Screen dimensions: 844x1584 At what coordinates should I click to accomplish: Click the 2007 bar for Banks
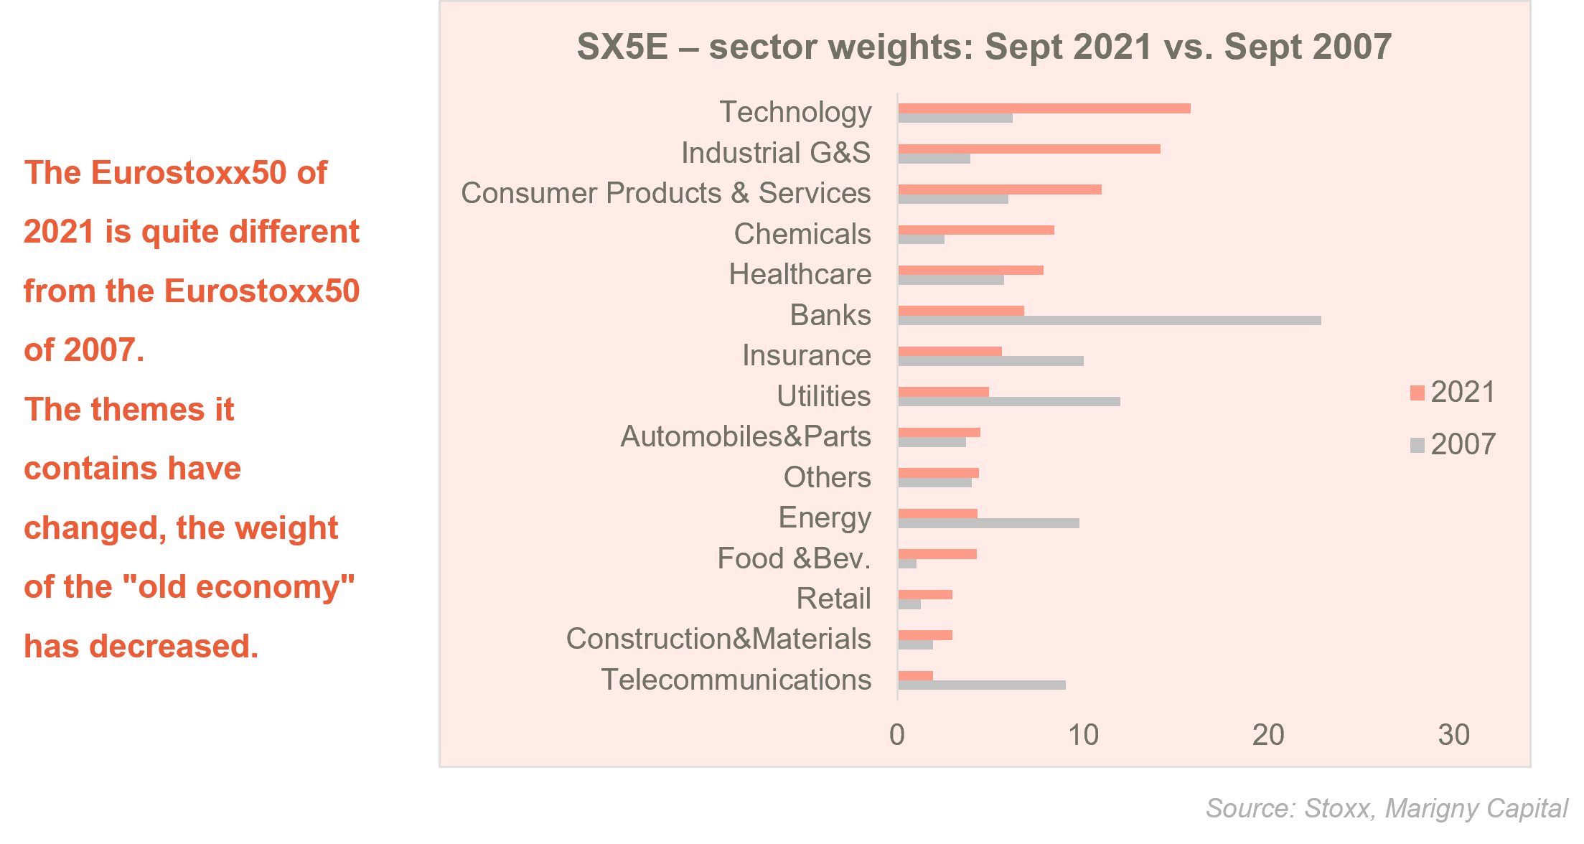pos(1109,321)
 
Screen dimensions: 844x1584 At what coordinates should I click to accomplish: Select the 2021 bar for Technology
pos(1044,108)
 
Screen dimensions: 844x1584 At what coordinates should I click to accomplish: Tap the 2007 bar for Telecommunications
pos(982,685)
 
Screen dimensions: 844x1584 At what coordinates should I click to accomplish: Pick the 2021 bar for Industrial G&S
pos(1029,149)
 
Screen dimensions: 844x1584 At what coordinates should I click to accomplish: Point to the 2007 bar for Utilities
pos(1009,402)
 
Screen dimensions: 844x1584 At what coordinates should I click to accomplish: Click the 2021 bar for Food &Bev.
pos(937,554)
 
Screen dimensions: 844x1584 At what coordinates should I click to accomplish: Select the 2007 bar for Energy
pos(989,523)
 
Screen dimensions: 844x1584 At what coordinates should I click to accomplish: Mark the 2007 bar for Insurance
pos(991,361)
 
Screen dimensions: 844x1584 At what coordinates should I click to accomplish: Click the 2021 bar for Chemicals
pos(976,230)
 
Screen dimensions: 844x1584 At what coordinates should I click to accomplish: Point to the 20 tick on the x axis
pos(1268,735)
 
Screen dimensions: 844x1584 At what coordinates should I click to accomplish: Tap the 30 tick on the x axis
pos(1454,735)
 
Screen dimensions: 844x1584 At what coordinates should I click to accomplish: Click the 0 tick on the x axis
pos(897,735)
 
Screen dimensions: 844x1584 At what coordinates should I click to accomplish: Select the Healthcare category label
pos(800,274)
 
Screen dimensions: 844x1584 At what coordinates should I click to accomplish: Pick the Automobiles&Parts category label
pos(746,436)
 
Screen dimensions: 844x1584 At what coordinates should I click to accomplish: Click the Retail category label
pos(833,599)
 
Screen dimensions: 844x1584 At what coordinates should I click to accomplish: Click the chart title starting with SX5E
pos(984,47)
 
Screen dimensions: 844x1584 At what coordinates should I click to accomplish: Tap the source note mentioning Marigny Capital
pos(1387,808)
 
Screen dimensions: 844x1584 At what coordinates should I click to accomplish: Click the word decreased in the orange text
pos(172,646)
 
